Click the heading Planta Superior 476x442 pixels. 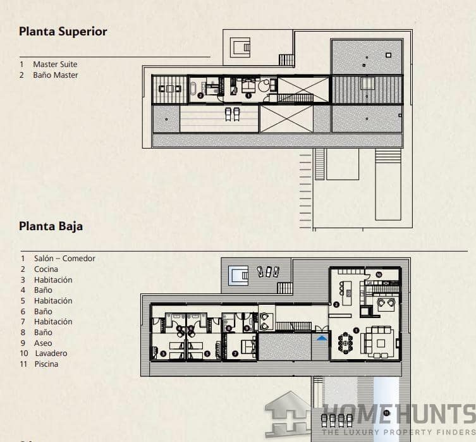coord(63,31)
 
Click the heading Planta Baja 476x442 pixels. coord(51,226)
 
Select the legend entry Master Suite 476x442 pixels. coord(55,64)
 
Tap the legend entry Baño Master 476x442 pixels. coord(56,75)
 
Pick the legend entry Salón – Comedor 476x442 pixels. coord(64,258)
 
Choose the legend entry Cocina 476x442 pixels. coord(46,269)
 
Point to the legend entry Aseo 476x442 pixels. coord(43,343)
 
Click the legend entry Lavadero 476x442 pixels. coord(51,353)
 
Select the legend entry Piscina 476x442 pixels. coord(46,364)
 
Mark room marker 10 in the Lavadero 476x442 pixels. coord(378,274)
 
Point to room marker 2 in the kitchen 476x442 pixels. coord(336,304)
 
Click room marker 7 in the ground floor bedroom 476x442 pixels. coord(235,353)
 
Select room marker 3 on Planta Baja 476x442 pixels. coord(163,354)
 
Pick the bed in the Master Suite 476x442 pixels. coord(245,85)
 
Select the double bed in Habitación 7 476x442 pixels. coord(247,345)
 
